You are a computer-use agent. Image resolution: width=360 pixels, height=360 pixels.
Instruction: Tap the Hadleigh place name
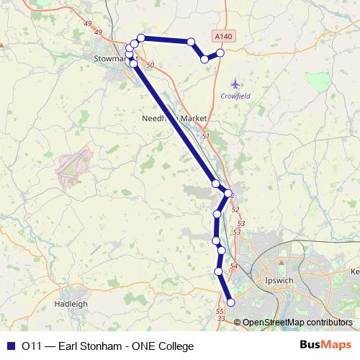71,304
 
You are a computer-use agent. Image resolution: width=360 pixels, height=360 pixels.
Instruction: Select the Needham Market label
174,118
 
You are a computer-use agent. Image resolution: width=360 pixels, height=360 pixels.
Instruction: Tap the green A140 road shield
224,35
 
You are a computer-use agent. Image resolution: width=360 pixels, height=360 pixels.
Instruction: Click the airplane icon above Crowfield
234,84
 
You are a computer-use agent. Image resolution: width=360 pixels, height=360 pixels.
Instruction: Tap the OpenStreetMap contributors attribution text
297,323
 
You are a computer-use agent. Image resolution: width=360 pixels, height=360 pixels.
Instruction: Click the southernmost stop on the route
231,302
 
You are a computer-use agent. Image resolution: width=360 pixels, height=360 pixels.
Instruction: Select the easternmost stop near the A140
220,53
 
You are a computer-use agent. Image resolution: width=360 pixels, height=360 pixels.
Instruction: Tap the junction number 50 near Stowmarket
150,66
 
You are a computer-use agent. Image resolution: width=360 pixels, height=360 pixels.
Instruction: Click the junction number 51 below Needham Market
206,136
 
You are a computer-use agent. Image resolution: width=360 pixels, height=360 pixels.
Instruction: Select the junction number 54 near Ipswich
233,266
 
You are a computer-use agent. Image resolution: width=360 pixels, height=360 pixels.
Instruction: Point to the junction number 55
220,311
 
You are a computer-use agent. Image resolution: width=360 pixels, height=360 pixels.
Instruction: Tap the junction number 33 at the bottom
221,319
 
